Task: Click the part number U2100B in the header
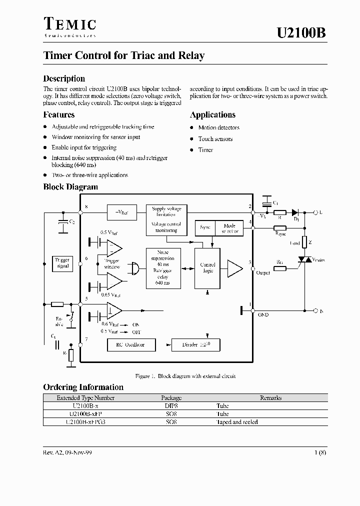coord(301,33)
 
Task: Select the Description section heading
coord(64,78)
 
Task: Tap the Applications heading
coord(212,115)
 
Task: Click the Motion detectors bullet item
coord(218,128)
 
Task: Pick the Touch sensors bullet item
coord(215,139)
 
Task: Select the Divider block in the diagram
coord(195,344)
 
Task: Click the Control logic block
coord(207,268)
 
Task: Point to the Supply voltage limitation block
coord(166,211)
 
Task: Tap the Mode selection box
coord(229,228)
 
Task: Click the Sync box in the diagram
coord(204,228)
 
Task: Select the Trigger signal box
coord(62,263)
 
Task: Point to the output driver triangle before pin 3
coord(234,268)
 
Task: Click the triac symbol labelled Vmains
coord(303,260)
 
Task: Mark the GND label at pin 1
coord(263,315)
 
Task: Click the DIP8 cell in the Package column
coord(171,406)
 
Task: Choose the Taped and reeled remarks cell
coord(237,422)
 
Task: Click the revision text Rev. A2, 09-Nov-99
coord(67,452)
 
